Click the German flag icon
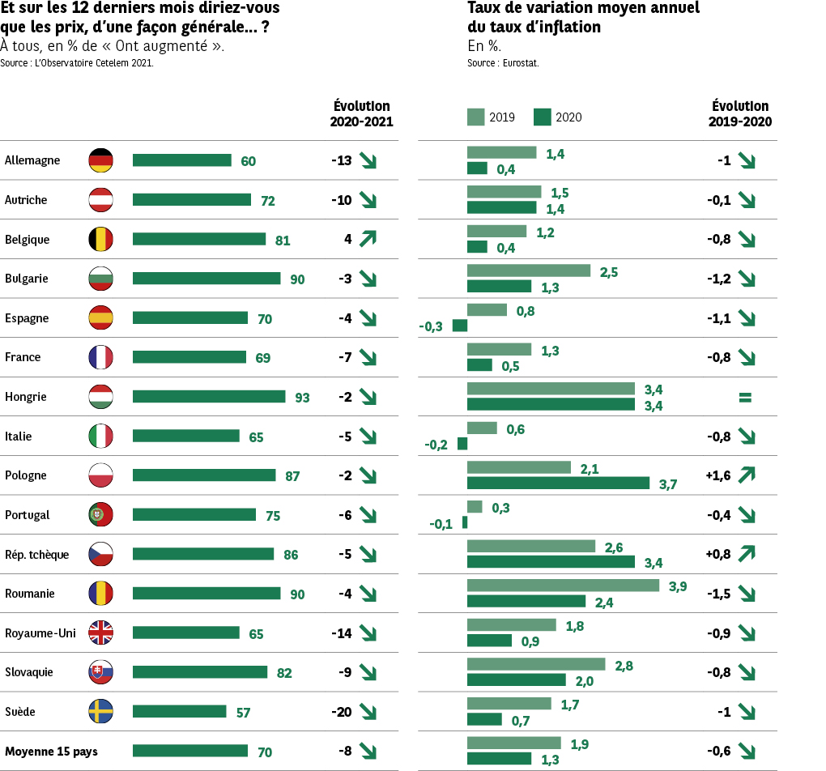100,160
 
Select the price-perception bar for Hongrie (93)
209,397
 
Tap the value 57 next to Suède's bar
243,713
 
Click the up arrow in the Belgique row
368,239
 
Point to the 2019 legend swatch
475,117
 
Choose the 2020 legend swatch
543,117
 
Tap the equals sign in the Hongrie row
745,398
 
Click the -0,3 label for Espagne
431,326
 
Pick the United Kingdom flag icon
100,633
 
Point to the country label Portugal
28,515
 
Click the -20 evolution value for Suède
341,712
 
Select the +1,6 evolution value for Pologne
718,475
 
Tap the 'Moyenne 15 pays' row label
51,752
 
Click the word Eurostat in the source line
521,62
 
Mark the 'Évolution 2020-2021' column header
361,114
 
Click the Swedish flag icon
100,712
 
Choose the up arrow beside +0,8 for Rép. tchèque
746,554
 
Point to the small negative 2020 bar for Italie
462,444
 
